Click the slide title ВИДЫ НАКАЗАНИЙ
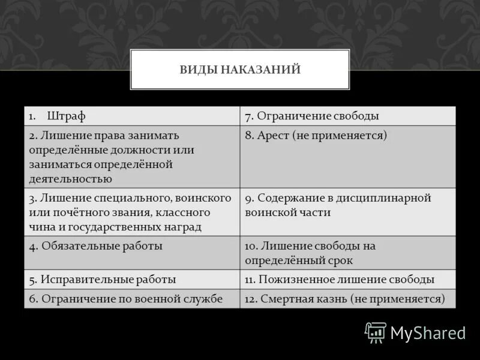[240, 70]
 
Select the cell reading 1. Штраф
[132, 116]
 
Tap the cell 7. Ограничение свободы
[348, 116]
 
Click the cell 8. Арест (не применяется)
[348, 156]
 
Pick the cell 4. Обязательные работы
[132, 253]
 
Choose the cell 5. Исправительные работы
[132, 280]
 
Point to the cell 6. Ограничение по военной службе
[132, 299]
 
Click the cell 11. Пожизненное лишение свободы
[348, 280]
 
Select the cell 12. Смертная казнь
[348, 299]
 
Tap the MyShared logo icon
[376, 332]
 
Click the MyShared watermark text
[428, 332]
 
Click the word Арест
[274, 136]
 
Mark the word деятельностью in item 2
[70, 178]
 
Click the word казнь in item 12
[332, 299]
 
